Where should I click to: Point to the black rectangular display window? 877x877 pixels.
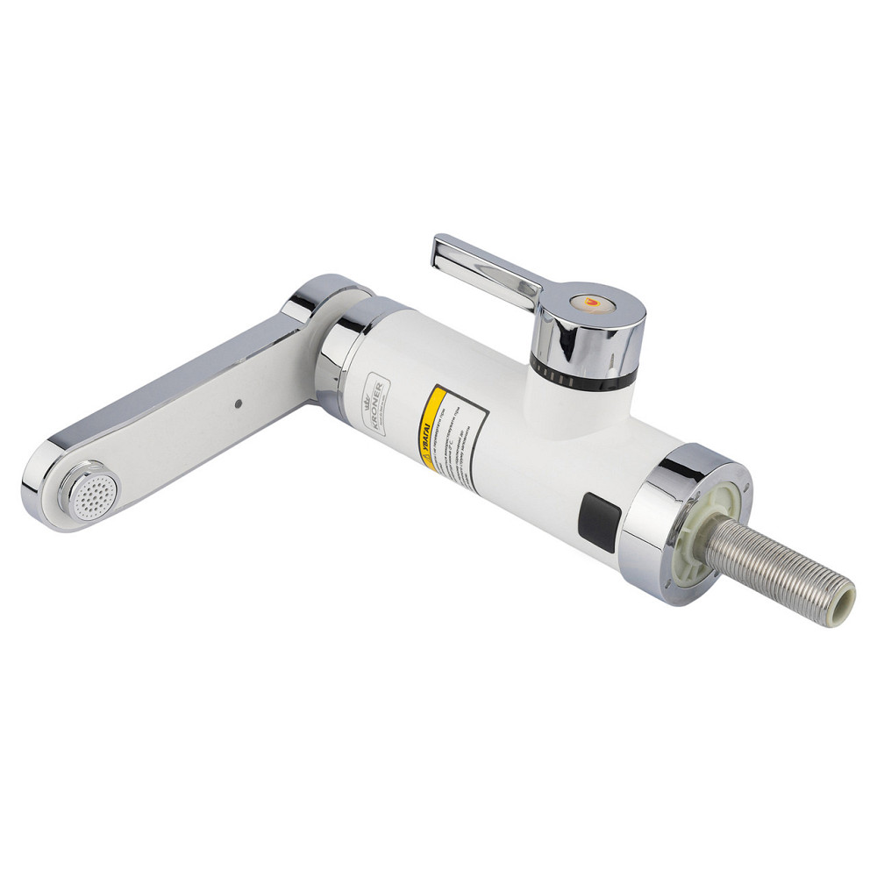[599, 523]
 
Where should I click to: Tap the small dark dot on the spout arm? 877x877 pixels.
[238, 404]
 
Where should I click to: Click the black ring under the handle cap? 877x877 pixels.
[583, 378]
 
